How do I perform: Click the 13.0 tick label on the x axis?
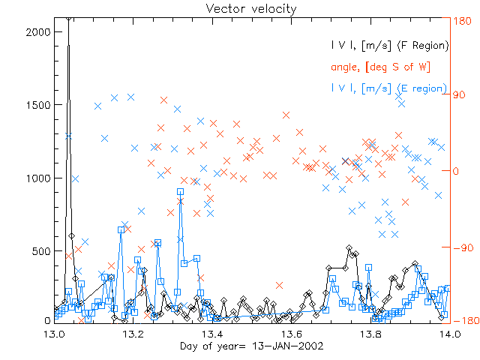point(55,334)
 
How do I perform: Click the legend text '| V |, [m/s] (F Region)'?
point(389,46)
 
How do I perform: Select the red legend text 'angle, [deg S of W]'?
point(380,67)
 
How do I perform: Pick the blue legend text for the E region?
point(389,88)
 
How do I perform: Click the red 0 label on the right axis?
point(456,171)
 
